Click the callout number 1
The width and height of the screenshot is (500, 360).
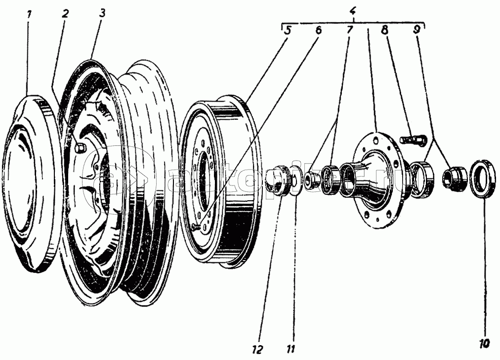(29, 14)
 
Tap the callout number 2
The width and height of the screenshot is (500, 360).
(65, 13)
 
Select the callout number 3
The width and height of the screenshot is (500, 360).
(101, 13)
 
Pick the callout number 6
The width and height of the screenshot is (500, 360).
(318, 30)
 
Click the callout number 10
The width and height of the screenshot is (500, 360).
(485, 341)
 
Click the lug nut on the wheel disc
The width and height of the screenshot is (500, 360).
(81, 148)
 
